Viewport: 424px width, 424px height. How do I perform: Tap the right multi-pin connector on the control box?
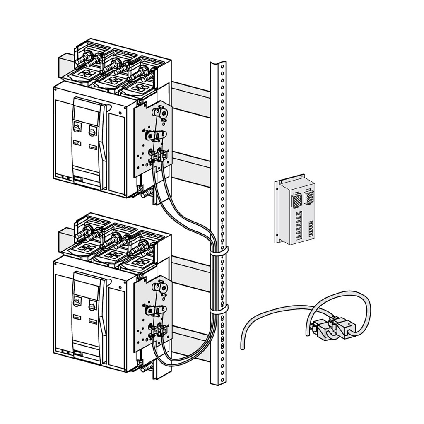click(309, 197)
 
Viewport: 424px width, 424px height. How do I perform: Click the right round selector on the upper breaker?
click(92, 132)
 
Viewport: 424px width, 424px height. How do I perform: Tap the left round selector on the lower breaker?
click(77, 302)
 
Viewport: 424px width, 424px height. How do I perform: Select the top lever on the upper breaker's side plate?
click(160, 113)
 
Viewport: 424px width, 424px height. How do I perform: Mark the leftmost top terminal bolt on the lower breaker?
click(84, 233)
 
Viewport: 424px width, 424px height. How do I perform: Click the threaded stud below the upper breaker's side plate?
click(147, 193)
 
